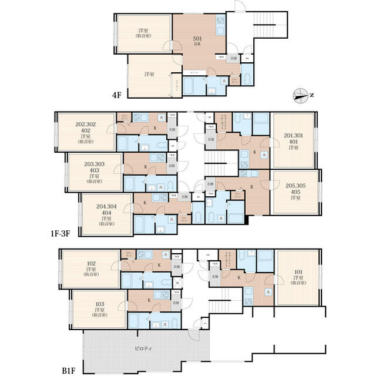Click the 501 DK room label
pyautogui.click(x=198, y=41)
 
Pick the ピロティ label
pyautogui.click(x=143, y=348)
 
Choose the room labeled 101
pyautogui.click(x=298, y=276)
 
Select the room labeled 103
pyautogui.click(x=99, y=308)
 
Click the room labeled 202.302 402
pyautogui.click(x=86, y=133)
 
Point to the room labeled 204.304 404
pyautogui.click(x=106, y=212)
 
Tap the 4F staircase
pyautogui.click(x=267, y=27)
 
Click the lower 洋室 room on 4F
pyautogui.click(x=149, y=75)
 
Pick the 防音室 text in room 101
pyautogui.click(x=298, y=283)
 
